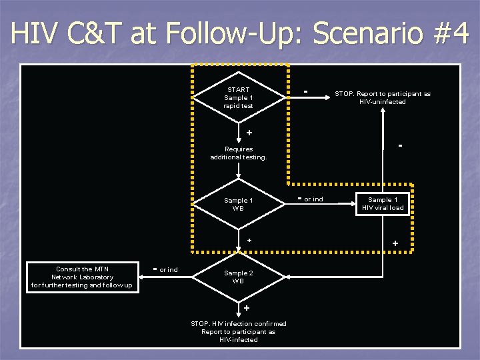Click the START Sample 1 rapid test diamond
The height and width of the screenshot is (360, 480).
(x=239, y=98)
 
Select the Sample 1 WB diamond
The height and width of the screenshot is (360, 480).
(x=239, y=204)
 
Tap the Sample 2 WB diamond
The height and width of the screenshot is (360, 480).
(x=239, y=277)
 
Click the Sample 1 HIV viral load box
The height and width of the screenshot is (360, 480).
(x=383, y=204)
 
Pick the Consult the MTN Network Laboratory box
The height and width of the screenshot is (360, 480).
(x=82, y=277)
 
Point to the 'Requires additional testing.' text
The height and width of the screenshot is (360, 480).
(x=239, y=153)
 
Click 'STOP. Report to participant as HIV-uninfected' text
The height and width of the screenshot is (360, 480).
(x=383, y=98)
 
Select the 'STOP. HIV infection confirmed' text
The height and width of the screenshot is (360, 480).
(x=239, y=324)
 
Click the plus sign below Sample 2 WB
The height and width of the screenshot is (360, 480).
(x=247, y=308)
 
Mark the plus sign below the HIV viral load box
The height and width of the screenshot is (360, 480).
(x=395, y=244)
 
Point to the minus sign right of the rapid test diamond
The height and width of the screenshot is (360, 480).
(x=305, y=90)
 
